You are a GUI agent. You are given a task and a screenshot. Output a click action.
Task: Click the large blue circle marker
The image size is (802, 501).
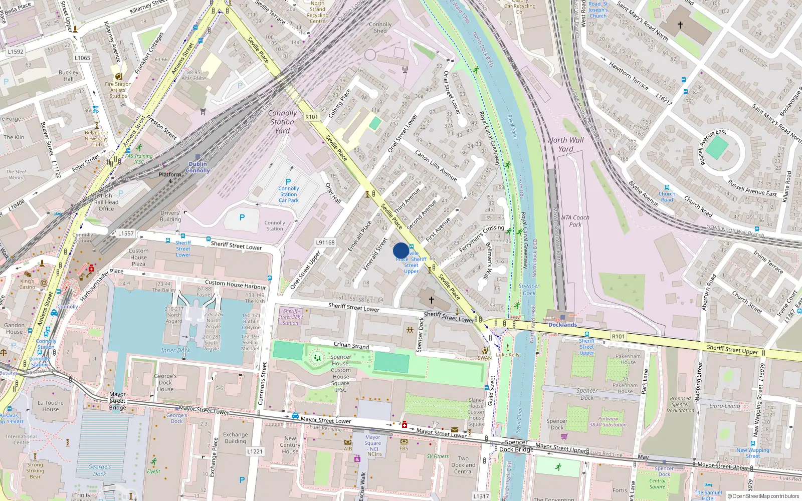point(401,250)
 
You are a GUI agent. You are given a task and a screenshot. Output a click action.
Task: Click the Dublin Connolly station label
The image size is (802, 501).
point(198,167)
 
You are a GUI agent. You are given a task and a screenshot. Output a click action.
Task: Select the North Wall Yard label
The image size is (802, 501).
point(566,144)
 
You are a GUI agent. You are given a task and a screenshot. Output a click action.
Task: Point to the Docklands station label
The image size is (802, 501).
point(562,325)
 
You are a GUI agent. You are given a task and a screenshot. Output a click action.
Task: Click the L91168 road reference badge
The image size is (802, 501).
point(325,242)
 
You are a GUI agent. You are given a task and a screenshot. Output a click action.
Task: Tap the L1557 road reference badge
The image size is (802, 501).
point(126,233)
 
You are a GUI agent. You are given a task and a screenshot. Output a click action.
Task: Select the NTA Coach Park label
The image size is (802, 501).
point(575,221)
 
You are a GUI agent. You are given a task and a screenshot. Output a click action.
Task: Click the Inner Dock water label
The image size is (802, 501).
point(175,350)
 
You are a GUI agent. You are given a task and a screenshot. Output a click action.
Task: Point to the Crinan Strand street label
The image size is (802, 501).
point(351,345)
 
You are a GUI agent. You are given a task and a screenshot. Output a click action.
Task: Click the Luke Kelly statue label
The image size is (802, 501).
point(508,354)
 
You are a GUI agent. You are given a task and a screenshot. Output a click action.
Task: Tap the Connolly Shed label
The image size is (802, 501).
point(380,27)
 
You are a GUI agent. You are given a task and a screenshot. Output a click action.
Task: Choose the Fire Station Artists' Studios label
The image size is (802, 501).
point(118,90)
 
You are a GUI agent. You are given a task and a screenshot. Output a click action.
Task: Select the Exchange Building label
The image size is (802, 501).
point(236,438)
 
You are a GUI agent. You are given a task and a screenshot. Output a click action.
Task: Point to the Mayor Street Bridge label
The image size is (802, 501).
point(117,401)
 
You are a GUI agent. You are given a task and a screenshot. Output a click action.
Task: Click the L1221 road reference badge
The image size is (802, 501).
point(255,451)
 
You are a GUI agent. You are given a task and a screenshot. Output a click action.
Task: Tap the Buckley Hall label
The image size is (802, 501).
point(69,76)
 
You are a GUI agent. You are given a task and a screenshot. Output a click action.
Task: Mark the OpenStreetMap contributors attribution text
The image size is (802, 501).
point(763,496)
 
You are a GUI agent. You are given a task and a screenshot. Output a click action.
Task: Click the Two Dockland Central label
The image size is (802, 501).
point(463,464)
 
